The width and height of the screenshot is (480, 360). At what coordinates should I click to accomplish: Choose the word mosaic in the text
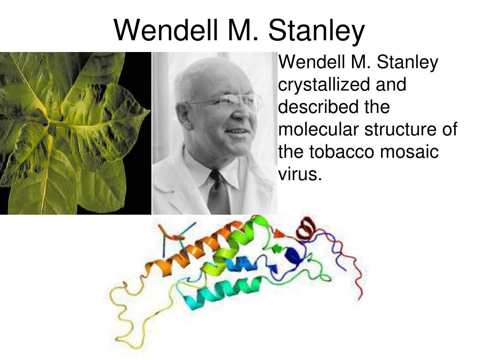[x=410, y=151]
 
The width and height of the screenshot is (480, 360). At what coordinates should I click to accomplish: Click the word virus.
[x=300, y=174]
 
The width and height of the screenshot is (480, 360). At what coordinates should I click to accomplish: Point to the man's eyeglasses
[x=226, y=103]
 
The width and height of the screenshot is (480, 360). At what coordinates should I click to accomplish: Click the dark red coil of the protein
[x=305, y=228]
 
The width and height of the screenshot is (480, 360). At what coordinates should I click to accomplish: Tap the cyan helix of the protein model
[x=220, y=292]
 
